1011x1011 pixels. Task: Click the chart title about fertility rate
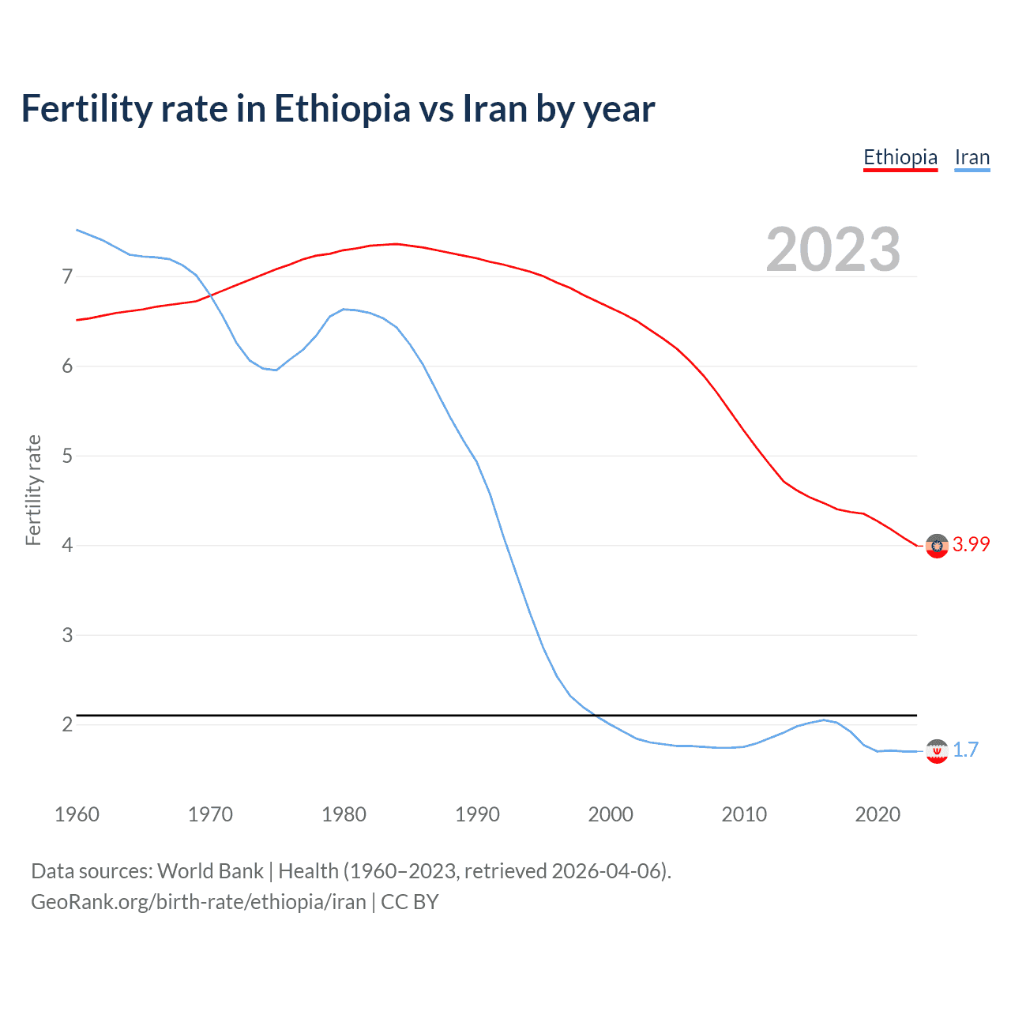pos(338,109)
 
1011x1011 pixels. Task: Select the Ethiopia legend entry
pos(900,157)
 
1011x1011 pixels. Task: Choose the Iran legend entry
pos(972,157)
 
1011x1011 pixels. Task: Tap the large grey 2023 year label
pos(832,250)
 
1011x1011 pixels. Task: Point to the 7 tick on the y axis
pos(67,276)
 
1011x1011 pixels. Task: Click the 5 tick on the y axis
pos(67,456)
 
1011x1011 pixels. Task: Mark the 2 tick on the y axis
pos(67,724)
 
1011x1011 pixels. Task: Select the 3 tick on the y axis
pos(67,635)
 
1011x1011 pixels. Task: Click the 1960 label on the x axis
pos(77,814)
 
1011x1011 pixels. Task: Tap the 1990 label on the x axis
pos(477,814)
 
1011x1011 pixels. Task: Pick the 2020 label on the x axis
pos(878,814)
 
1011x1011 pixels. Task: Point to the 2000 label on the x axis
pos(611,814)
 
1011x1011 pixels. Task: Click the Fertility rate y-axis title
pos(33,490)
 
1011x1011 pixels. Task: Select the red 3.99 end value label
pos(971,544)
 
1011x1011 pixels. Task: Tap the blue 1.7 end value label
pos(965,750)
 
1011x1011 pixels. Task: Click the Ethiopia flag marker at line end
pos(937,546)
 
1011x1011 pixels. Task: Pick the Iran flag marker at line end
pos(937,751)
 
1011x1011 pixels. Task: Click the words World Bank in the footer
pos(210,871)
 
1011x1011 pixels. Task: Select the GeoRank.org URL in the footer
pos(198,902)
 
